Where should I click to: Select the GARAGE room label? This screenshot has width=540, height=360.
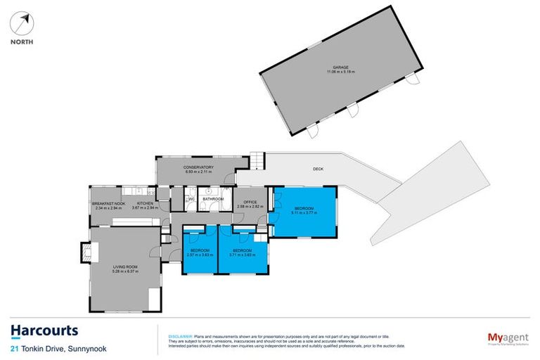(341, 67)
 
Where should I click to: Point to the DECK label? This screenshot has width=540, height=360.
(319, 169)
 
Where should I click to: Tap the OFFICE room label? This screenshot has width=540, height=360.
(249, 202)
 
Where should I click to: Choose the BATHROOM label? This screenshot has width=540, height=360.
(213, 199)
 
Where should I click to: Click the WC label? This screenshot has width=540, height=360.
(191, 199)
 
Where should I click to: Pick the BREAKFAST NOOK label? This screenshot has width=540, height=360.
(108, 204)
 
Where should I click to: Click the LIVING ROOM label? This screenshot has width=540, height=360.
(127, 267)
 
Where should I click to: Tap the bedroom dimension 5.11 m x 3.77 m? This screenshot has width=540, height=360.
(304, 213)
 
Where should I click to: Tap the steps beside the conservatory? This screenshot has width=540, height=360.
(258, 162)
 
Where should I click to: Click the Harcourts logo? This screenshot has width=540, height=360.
(44, 330)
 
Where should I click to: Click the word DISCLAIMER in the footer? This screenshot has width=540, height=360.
(178, 336)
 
